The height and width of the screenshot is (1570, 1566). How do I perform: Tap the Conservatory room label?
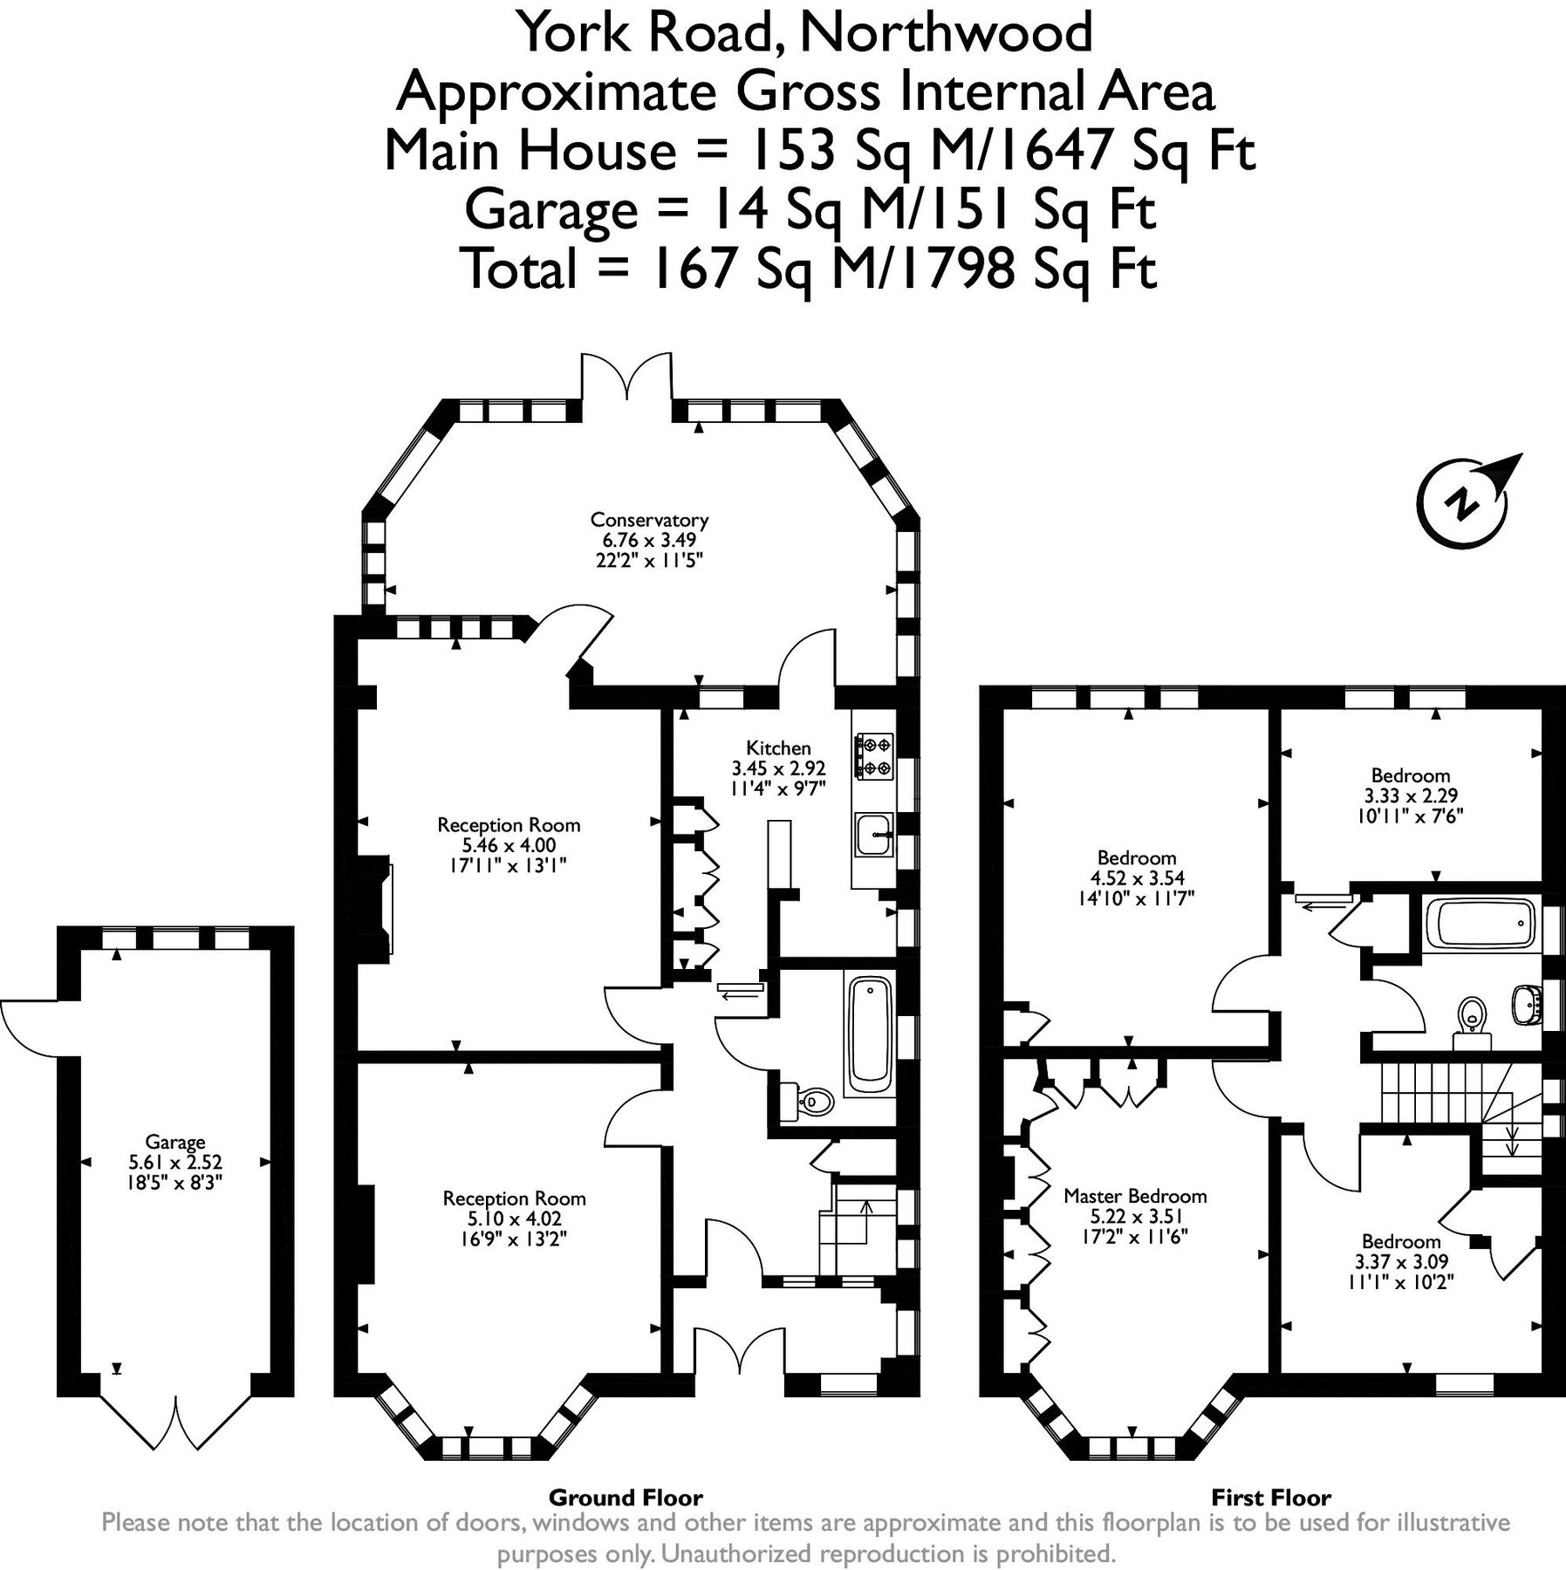(649, 520)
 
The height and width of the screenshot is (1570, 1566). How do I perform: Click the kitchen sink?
(874, 834)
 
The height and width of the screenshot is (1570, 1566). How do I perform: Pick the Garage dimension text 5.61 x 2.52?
(175, 1162)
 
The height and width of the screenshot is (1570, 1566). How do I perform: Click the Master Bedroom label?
(1135, 1196)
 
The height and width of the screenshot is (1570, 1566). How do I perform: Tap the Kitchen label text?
(778, 747)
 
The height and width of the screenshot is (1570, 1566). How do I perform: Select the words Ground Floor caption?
(626, 1498)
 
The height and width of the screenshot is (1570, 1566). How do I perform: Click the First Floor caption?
(1271, 1498)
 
